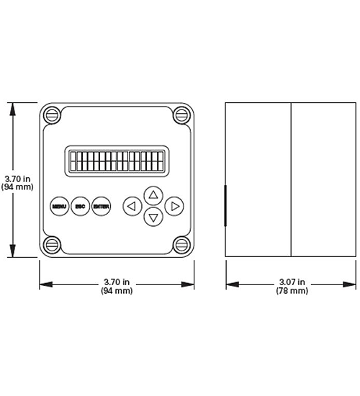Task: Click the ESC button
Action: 80,207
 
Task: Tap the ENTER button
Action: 102,207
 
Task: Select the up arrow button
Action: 153,194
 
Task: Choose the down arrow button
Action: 153,217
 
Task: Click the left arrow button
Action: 132,207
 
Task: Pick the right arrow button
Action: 174,207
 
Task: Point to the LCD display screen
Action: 117,161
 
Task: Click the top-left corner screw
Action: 51,114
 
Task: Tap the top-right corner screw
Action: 182,114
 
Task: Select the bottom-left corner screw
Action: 51,245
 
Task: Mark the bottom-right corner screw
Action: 182,245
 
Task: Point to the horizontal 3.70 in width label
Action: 117,282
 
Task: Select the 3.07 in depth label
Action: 292,282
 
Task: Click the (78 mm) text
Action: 292,291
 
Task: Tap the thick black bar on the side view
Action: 225,206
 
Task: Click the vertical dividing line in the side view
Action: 291,179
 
